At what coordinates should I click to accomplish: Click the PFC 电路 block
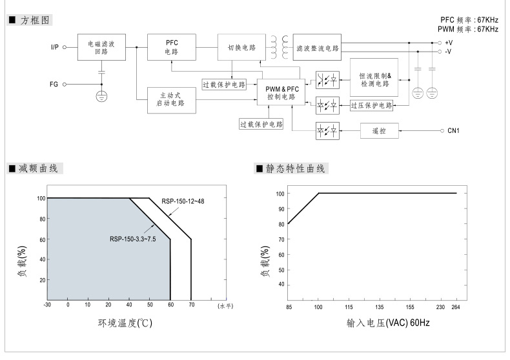pos(171,47)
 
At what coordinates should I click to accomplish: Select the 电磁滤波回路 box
pos(101,47)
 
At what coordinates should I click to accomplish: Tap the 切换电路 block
pos(241,47)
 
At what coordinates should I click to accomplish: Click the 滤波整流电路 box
pos(317,47)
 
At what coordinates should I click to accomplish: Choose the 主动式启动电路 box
pos(171,99)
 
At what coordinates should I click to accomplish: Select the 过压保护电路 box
pos(371,105)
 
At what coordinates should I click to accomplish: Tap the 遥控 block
pos(379,131)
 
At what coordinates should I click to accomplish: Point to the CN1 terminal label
pos(453,131)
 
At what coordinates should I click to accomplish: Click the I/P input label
pos(55,47)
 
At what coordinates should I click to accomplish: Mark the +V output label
pos(449,42)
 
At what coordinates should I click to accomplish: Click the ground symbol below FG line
pos(101,96)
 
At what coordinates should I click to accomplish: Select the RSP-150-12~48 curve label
pos(183,202)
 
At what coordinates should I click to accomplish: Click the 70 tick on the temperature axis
pos(190,305)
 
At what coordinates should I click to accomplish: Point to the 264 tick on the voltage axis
pos(456,307)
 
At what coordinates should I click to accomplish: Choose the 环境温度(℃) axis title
pos(120,323)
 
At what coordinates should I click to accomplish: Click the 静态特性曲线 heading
pos(297,168)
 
